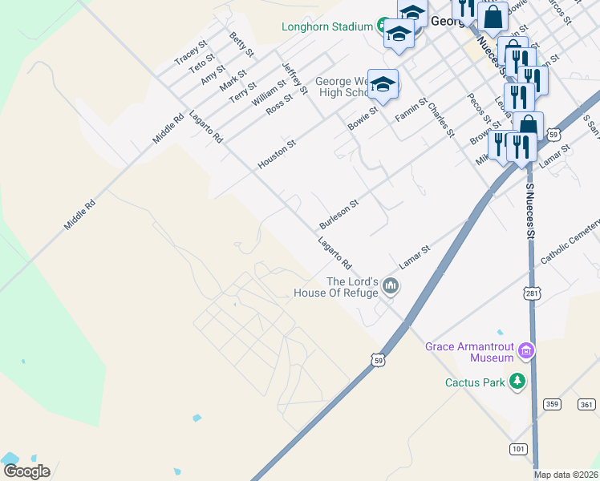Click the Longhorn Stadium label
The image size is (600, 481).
[x=326, y=26]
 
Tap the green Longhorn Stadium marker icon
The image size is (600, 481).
[x=384, y=26]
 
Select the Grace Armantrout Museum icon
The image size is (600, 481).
[x=526, y=350]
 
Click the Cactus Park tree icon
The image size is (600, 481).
[x=518, y=382]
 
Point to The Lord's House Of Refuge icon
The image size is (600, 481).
[x=391, y=286]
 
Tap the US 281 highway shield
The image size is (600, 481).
[x=532, y=294]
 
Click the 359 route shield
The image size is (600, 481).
[x=550, y=404]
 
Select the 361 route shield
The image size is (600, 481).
[x=587, y=404]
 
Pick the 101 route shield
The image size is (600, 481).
[x=517, y=449]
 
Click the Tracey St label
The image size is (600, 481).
[x=191, y=53]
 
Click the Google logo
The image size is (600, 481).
[x=26, y=471]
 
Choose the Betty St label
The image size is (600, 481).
[x=241, y=45]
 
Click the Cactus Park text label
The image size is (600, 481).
[x=475, y=382]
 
